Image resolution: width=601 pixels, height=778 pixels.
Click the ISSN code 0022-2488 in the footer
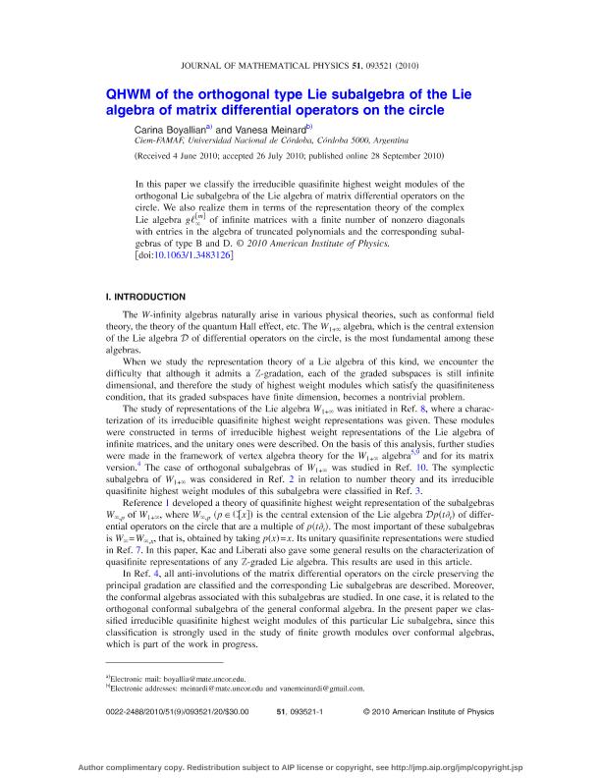(127, 738)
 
